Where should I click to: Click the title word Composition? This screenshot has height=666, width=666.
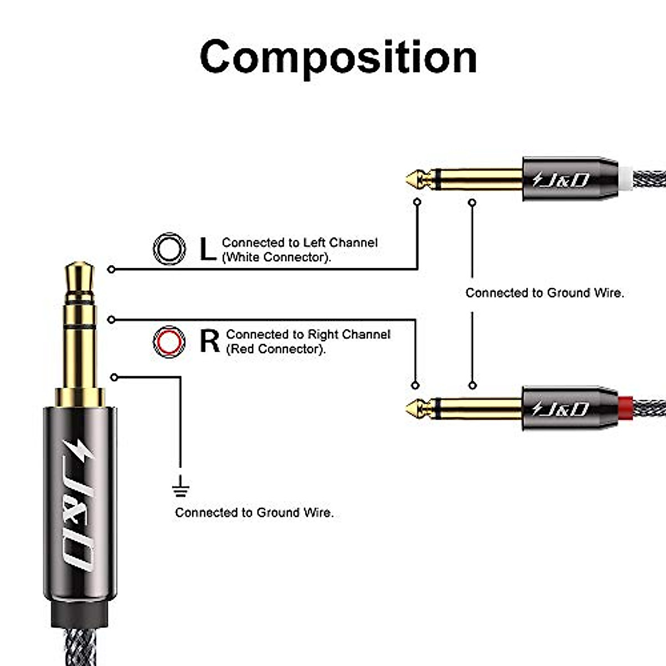click(x=338, y=57)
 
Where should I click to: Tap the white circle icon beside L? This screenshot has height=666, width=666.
click(x=169, y=249)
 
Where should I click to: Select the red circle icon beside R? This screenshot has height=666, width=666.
click(x=169, y=341)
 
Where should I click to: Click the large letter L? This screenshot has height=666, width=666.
click(x=208, y=249)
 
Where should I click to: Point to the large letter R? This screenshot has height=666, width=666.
click(x=210, y=341)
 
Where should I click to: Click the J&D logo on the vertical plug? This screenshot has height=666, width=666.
click(x=80, y=505)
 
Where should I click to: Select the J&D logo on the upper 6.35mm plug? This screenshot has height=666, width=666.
click(x=561, y=179)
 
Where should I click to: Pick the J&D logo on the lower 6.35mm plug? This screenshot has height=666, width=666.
click(x=561, y=409)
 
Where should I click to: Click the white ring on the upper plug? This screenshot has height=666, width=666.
click(x=625, y=178)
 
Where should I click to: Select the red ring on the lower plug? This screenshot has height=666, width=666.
click(x=625, y=408)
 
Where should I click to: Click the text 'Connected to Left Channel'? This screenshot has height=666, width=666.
click(x=300, y=243)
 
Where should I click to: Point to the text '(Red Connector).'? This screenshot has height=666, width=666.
click(x=276, y=349)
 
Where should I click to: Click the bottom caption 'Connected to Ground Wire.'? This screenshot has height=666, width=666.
click(x=254, y=513)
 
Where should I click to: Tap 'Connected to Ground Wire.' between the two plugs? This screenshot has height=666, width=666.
click(x=544, y=293)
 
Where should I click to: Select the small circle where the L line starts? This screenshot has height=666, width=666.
click(x=112, y=269)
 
